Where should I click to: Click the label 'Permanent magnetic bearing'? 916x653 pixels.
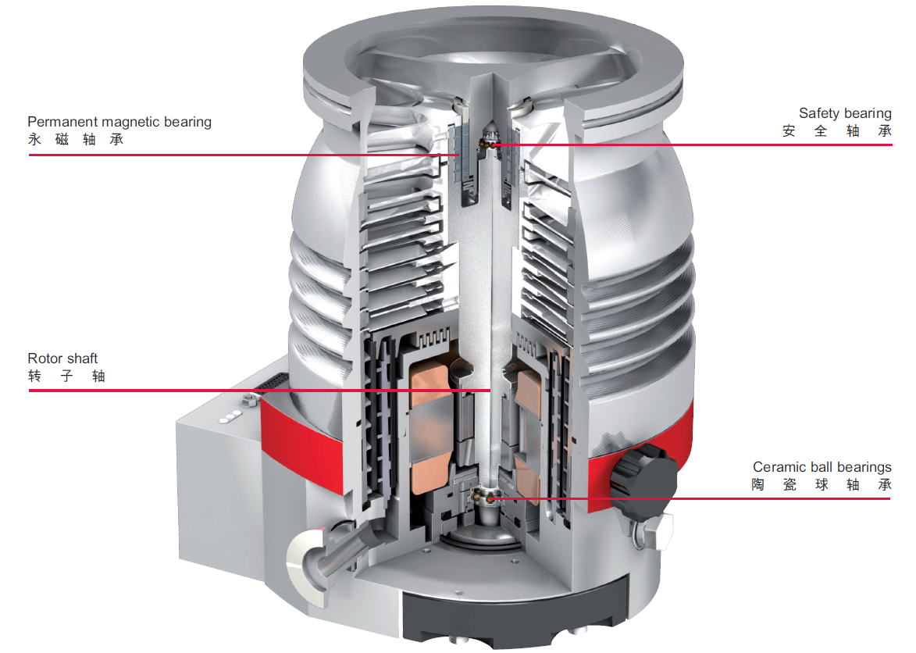(x=119, y=122)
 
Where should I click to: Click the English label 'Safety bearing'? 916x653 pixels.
(x=845, y=113)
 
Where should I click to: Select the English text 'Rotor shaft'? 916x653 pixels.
(x=62, y=358)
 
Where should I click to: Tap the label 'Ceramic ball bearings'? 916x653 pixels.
(x=822, y=467)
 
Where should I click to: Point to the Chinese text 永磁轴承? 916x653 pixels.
(x=76, y=140)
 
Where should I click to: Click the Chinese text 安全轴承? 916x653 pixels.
(x=837, y=130)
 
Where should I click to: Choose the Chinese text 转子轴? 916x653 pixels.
(x=66, y=376)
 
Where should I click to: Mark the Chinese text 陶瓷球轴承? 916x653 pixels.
(x=822, y=485)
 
